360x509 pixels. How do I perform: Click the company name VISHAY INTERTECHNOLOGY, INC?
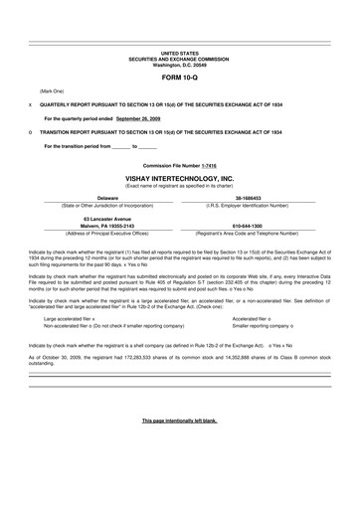179,178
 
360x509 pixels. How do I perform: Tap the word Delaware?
93,198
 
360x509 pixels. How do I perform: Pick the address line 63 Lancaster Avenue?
93,219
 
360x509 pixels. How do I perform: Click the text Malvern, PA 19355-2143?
93,226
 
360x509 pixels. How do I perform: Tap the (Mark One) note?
51,90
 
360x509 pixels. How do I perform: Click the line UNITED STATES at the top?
179,50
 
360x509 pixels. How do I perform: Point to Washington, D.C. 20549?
179,63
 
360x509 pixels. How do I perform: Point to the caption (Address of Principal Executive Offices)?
93,233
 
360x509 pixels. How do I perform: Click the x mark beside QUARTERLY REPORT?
31,103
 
